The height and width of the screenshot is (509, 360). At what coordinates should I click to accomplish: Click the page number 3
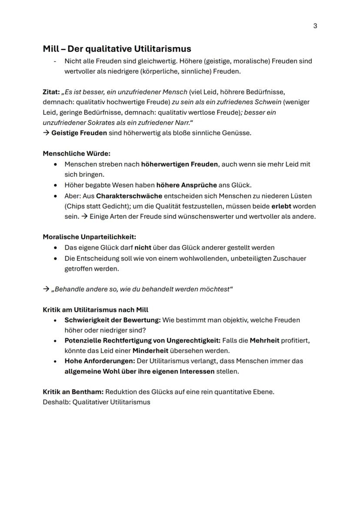tap(315, 26)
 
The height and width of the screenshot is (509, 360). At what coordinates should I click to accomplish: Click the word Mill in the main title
tap(52, 49)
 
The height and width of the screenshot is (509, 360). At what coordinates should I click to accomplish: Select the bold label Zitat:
tap(51, 92)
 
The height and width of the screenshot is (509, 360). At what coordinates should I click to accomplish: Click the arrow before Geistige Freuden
tap(46, 133)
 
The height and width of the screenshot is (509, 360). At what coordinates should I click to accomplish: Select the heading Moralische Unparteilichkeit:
tap(89, 237)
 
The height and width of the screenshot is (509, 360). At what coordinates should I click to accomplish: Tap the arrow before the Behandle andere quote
tap(46, 289)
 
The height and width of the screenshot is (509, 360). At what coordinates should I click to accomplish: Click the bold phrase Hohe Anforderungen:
tap(100, 361)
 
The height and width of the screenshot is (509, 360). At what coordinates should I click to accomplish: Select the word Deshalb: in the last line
tap(57, 402)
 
